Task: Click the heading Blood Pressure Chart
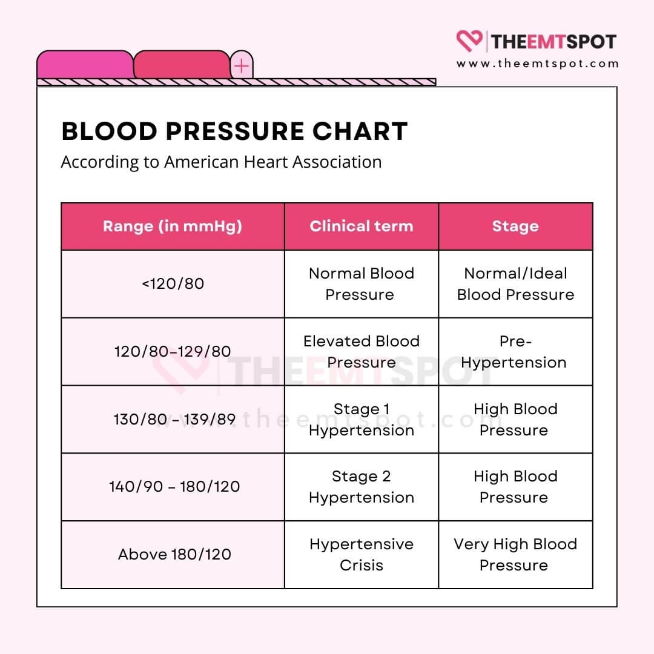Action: pos(234,131)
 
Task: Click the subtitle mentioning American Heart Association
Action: pos(221,162)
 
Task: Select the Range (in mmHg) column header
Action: pos(173,226)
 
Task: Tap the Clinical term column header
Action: pos(362,226)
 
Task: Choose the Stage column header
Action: pos(515,226)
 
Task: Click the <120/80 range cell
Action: pos(173,283)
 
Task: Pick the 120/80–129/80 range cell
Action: pos(173,351)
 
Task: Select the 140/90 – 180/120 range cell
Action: pos(174,486)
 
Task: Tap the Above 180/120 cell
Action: pos(174,554)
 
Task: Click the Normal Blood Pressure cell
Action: pos(362,283)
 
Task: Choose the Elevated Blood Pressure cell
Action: pos(362,351)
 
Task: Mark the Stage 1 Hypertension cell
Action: pos(362,419)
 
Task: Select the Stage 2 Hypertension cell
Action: pos(362,486)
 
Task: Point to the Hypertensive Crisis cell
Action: pos(362,554)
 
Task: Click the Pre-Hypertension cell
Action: pos(515,351)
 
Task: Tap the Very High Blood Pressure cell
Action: pos(515,554)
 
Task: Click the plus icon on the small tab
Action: pos(242,65)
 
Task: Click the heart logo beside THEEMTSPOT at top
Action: pos(468,41)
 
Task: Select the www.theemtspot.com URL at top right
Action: pos(538,64)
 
